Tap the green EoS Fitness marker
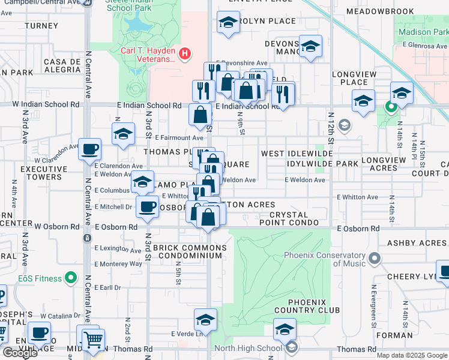71,278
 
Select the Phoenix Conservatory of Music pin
375,259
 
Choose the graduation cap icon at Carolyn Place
228,23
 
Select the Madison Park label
424,32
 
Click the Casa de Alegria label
62,65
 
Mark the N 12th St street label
331,133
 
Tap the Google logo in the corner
20,353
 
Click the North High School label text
247,348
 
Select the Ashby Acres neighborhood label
417,243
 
